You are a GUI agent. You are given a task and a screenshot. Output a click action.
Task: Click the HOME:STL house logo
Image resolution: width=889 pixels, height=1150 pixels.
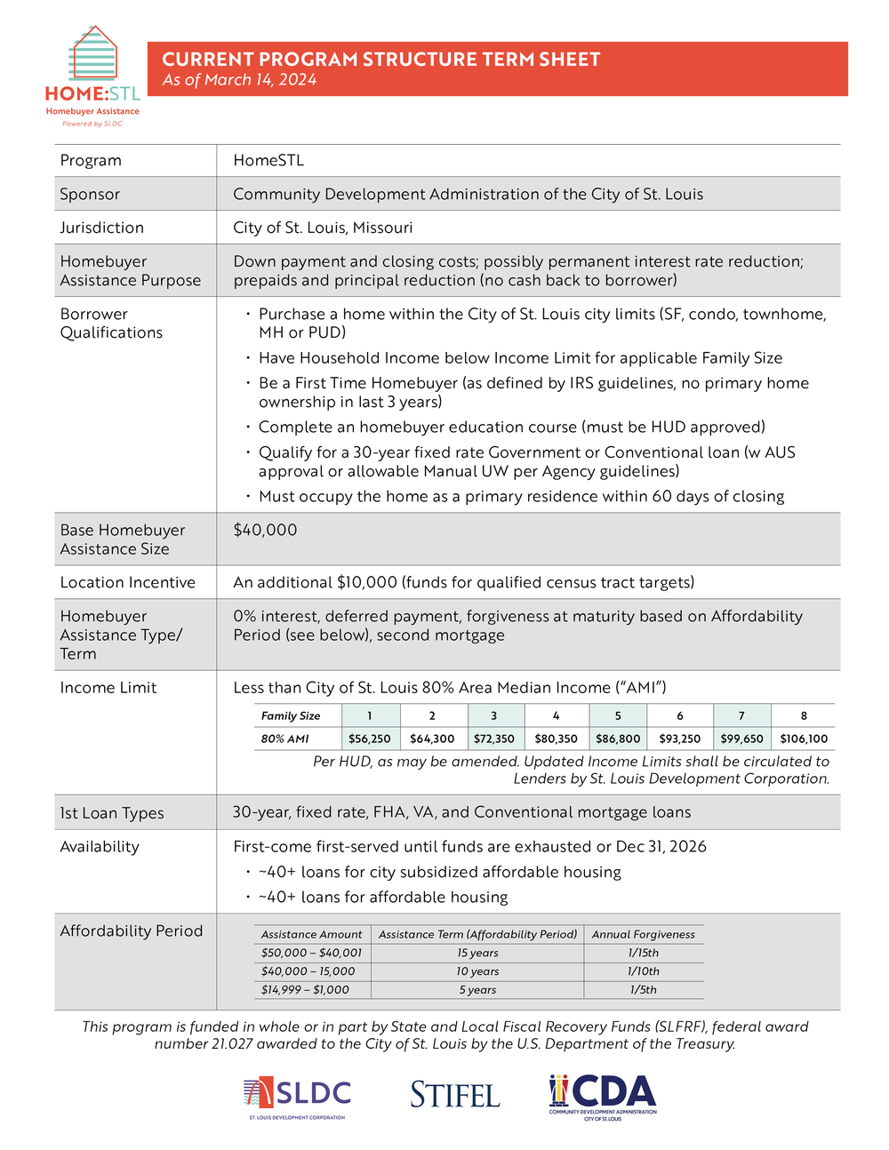click(x=92, y=76)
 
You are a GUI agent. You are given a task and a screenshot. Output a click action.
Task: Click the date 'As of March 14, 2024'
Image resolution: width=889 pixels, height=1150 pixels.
click(x=239, y=80)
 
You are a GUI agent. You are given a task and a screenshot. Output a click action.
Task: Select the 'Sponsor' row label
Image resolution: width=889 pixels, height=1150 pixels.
click(x=90, y=194)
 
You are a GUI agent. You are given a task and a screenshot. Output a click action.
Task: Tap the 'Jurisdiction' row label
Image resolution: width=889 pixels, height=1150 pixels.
click(x=101, y=228)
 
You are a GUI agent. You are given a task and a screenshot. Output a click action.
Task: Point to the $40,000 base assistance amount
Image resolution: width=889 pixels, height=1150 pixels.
click(x=265, y=530)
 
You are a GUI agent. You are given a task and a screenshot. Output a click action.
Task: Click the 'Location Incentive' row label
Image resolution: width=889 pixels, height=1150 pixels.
click(x=127, y=582)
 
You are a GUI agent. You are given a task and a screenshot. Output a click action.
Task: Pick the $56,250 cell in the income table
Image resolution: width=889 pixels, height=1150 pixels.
click(x=369, y=739)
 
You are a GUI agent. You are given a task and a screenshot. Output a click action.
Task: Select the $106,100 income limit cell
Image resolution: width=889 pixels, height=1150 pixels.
click(x=803, y=739)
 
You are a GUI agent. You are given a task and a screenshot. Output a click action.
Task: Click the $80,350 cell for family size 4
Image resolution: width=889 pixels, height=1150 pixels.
click(x=556, y=739)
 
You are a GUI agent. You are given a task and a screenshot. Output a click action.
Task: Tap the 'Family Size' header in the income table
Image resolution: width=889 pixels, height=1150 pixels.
click(x=291, y=715)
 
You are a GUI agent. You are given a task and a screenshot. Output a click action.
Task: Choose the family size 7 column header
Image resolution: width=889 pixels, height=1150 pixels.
click(x=741, y=715)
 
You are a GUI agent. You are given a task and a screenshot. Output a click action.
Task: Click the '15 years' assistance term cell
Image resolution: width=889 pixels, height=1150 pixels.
click(x=477, y=953)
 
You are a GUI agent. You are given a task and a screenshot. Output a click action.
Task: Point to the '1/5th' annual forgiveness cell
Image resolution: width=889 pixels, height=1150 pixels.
click(x=644, y=990)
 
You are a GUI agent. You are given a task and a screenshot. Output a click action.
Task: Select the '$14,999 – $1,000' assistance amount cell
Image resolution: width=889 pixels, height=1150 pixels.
click(x=305, y=990)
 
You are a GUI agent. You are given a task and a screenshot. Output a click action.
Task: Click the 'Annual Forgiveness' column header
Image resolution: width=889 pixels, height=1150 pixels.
click(x=644, y=934)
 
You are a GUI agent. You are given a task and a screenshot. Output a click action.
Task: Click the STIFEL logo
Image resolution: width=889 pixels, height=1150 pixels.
click(x=455, y=1095)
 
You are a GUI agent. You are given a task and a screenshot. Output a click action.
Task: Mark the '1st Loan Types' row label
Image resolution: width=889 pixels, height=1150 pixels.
click(x=111, y=813)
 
